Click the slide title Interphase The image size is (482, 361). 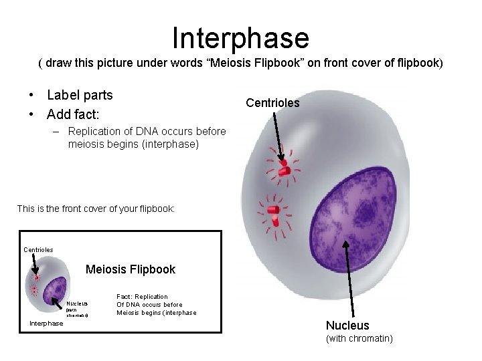240,38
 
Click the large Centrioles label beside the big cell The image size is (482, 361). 272,103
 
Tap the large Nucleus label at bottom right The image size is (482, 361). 347,326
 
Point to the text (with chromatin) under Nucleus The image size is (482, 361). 359,339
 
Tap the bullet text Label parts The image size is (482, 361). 80,95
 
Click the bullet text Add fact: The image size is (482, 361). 73,114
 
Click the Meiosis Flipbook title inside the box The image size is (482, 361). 130,269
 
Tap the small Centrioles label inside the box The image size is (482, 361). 38,249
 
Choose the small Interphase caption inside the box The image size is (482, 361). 47,324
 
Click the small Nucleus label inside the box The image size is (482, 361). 76,303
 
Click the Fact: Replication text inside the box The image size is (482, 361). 142,296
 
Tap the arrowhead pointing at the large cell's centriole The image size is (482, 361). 281,159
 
